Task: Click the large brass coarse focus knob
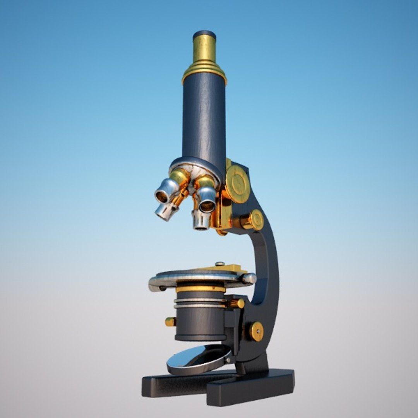click(237, 184)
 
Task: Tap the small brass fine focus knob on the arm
click(256, 220)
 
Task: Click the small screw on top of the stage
click(220, 264)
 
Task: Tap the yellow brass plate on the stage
click(228, 268)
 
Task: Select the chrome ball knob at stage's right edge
click(249, 278)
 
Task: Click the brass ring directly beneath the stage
click(200, 289)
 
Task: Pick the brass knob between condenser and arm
click(237, 303)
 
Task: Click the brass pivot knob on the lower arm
click(256, 331)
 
